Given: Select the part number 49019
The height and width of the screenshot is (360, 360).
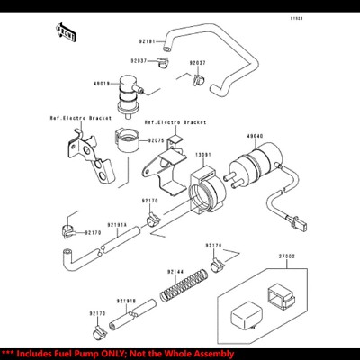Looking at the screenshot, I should point(102,83).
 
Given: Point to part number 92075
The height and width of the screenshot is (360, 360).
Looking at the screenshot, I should point(156,140).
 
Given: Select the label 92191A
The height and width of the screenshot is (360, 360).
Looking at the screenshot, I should point(118,225).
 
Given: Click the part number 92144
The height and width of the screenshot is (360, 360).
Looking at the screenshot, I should point(175,271).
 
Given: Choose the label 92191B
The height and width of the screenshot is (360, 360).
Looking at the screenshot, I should point(126,301).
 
